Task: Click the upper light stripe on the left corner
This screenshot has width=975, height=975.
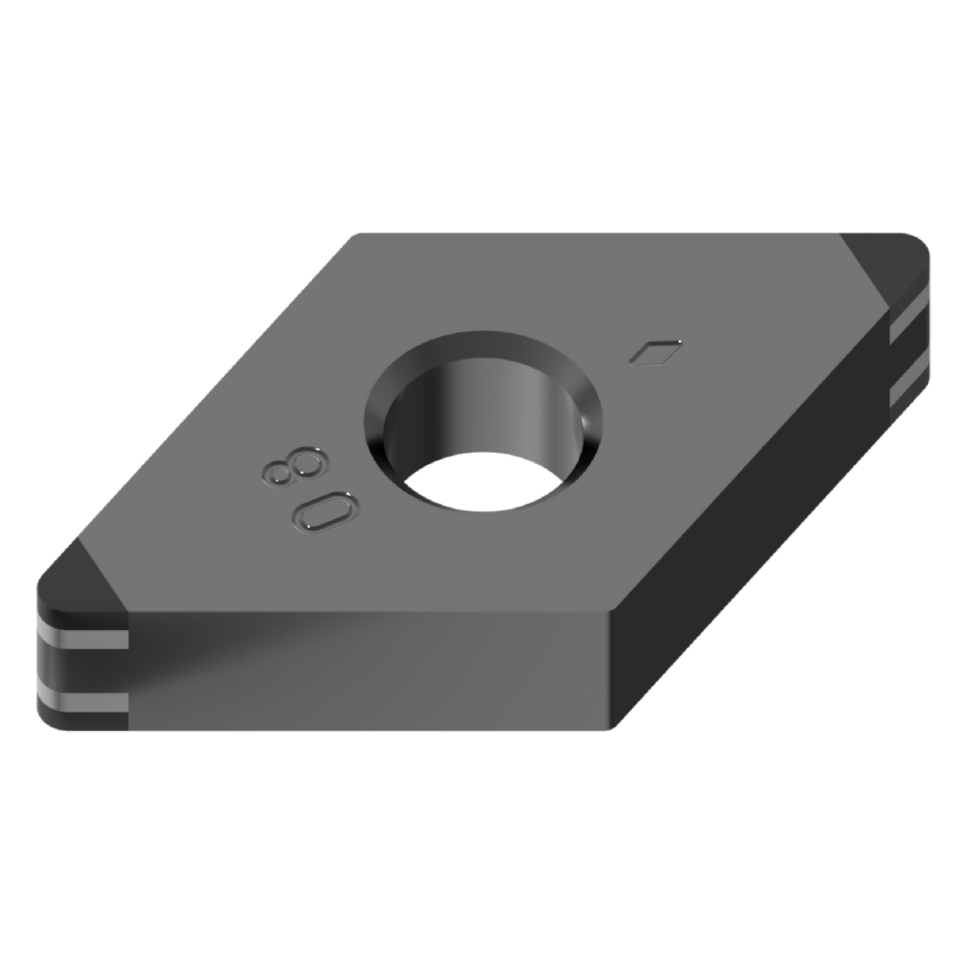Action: point(81,638)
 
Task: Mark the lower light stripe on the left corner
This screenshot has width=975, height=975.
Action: point(81,702)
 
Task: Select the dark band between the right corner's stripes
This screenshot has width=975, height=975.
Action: point(911,354)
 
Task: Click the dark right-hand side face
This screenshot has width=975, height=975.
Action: point(742,540)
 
